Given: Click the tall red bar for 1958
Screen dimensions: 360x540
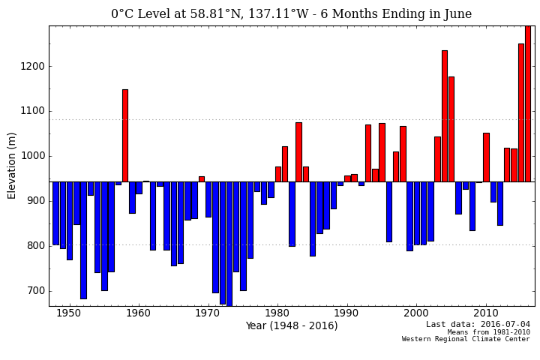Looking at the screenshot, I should (x=125, y=136).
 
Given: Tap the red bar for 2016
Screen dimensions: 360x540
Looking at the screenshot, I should (x=528, y=104).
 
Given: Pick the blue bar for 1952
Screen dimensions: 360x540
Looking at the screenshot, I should (x=83, y=240).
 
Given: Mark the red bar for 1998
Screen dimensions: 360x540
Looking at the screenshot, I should (x=403, y=154).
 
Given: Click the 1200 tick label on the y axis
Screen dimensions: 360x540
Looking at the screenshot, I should (x=33, y=66).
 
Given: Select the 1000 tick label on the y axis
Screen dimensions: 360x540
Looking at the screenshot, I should (x=33, y=156).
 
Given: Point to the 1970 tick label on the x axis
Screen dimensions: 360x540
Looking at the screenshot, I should (x=208, y=313).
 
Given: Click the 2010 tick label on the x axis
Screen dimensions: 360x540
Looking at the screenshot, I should (x=486, y=313).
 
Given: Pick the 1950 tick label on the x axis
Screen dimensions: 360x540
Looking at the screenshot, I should (x=69, y=313).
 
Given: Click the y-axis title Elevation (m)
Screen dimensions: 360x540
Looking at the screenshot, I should (x=13, y=165).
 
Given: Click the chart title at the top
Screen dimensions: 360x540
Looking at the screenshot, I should (x=292, y=14).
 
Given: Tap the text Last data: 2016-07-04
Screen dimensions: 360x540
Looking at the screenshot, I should (x=478, y=325).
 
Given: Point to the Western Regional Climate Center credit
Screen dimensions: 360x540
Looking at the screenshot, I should (x=466, y=340).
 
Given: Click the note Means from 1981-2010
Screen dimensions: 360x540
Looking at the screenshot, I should (x=488, y=332).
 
